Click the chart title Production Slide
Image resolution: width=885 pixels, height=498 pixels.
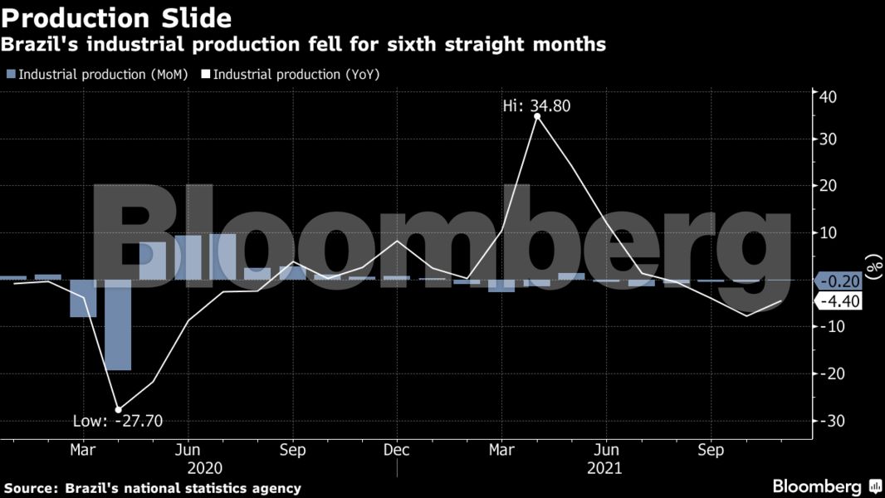coord(117,17)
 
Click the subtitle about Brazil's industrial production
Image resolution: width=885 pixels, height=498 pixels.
coord(304,45)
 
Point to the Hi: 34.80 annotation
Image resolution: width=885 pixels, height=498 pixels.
coord(536,105)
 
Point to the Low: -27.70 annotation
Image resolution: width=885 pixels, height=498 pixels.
coord(118,421)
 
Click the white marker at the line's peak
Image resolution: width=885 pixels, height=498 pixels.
coord(537,117)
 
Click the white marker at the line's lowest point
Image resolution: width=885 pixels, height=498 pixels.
coord(118,409)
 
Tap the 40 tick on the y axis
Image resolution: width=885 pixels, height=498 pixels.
coord(829,96)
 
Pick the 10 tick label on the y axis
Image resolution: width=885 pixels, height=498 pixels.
coord(829,234)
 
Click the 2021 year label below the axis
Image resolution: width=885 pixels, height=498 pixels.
coord(604,468)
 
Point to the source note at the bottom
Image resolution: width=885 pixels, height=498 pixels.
coord(152,488)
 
